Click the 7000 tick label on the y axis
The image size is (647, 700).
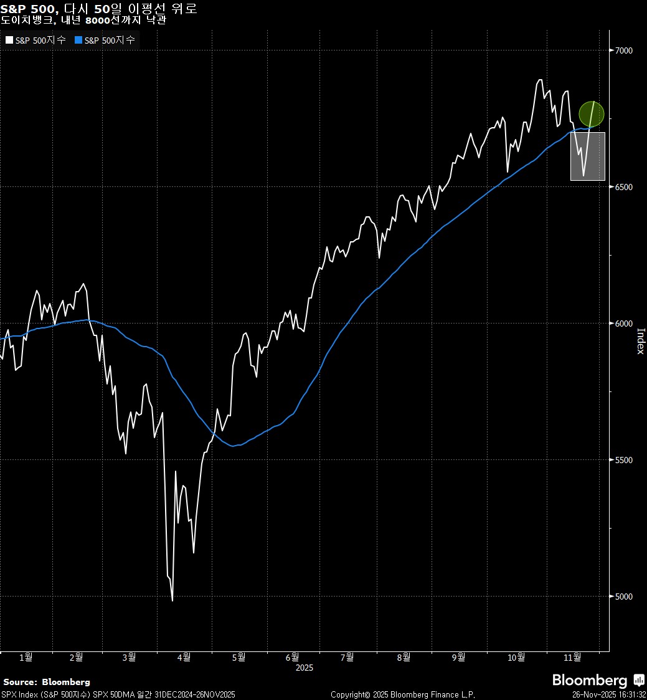click(x=624, y=50)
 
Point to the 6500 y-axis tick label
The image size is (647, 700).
click(x=624, y=187)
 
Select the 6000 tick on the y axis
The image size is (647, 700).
click(x=624, y=324)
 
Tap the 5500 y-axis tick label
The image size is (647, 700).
click(x=624, y=460)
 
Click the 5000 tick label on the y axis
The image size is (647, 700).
click(x=624, y=597)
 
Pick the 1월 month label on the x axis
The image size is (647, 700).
click(x=26, y=657)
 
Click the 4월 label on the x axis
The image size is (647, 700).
click(x=184, y=657)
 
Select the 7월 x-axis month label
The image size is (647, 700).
click(x=347, y=657)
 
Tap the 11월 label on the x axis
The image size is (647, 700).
click(x=572, y=657)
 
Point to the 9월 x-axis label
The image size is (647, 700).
click(x=458, y=657)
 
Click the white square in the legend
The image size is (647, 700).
click(x=9, y=40)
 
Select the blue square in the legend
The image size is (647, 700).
click(x=78, y=40)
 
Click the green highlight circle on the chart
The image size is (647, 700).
click(x=592, y=114)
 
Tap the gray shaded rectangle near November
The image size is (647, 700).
click(x=588, y=156)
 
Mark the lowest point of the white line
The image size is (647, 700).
click(x=172, y=601)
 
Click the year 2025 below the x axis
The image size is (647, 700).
click(x=305, y=668)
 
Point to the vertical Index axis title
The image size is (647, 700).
click(x=640, y=342)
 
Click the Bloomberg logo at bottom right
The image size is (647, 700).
click(x=598, y=680)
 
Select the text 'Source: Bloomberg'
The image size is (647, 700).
click(x=47, y=682)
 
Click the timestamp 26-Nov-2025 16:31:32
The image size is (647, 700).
click(x=608, y=694)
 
